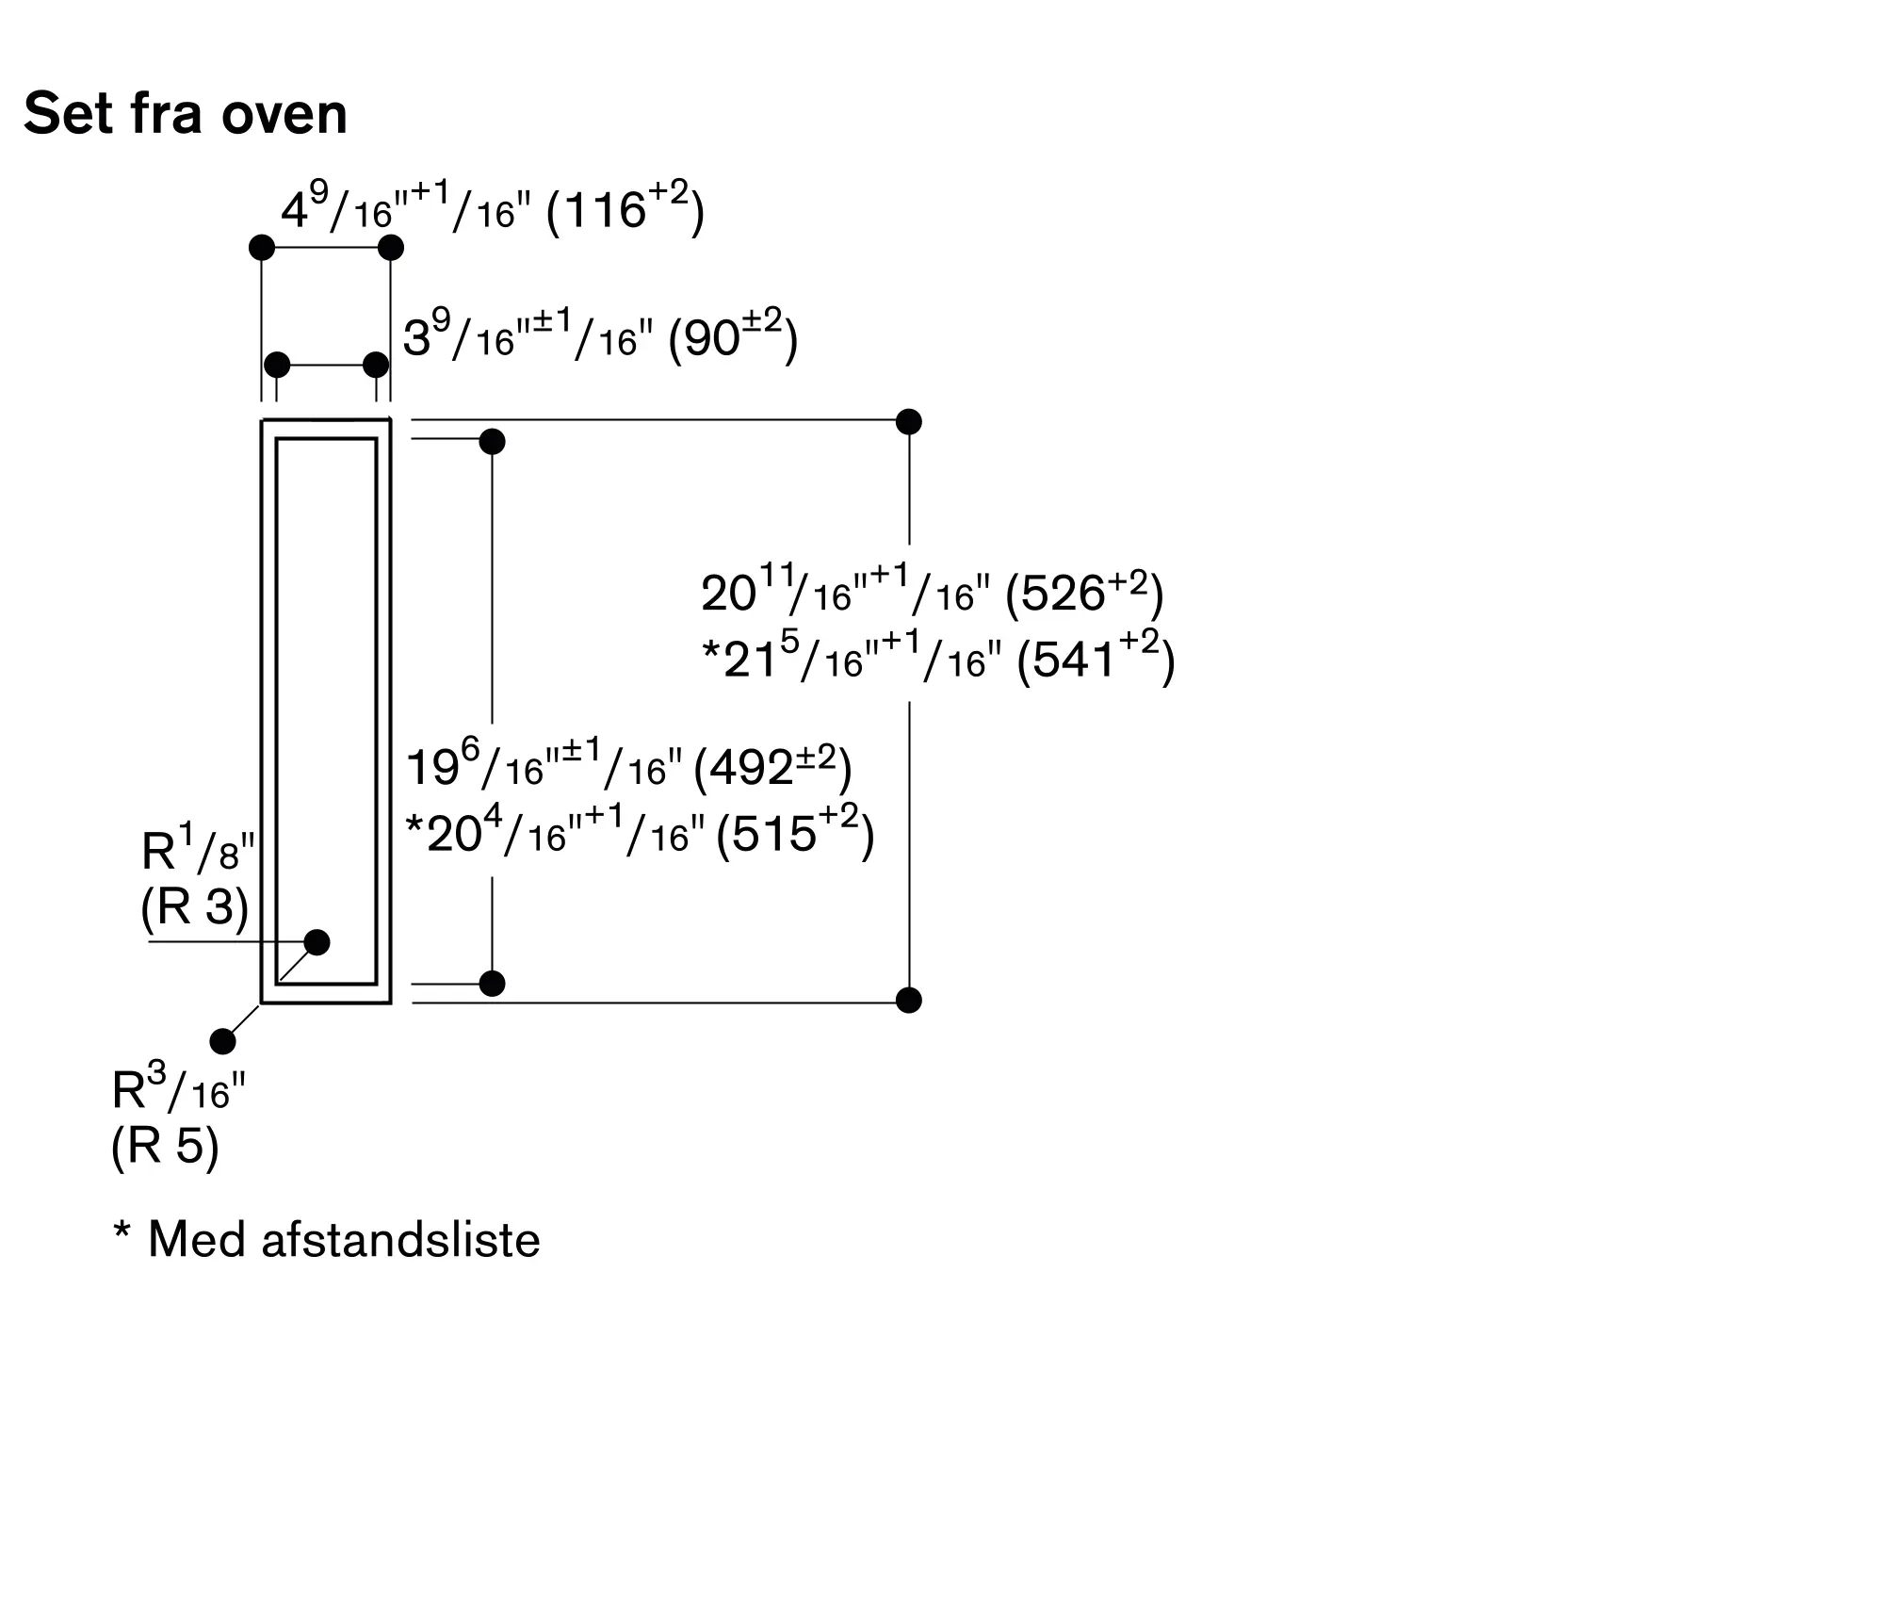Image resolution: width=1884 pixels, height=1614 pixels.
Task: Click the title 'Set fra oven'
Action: (186, 114)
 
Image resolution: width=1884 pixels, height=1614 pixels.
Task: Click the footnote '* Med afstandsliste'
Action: (327, 1239)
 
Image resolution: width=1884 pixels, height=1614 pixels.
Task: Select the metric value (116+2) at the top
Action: (625, 208)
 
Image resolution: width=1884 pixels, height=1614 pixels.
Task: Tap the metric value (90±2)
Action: (733, 337)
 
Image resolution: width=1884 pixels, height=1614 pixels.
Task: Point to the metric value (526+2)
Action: (1085, 593)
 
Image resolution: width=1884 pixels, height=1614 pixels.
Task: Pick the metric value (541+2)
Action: (1096, 659)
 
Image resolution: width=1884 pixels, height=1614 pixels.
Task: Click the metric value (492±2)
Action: (772, 768)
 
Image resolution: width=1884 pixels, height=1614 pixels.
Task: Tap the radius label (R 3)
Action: (195, 908)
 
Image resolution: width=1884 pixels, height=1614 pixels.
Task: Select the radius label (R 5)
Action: (165, 1147)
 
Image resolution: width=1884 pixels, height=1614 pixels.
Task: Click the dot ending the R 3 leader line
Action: (317, 942)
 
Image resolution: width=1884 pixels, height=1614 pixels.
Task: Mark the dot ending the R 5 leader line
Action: (223, 1041)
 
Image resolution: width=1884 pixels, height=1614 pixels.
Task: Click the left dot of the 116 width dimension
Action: (262, 248)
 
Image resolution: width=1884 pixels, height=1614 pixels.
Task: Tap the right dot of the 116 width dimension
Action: (391, 248)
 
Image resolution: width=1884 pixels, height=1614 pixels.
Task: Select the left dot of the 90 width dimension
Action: (277, 365)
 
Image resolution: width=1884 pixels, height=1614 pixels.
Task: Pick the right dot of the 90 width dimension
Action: (376, 365)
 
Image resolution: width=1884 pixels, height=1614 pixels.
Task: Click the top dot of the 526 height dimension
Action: (909, 421)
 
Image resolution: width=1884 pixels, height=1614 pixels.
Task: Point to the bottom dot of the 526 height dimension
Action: (909, 1000)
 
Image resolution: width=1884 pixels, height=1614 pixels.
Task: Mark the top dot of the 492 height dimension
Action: (493, 441)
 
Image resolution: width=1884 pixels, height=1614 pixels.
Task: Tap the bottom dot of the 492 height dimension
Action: (493, 984)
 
